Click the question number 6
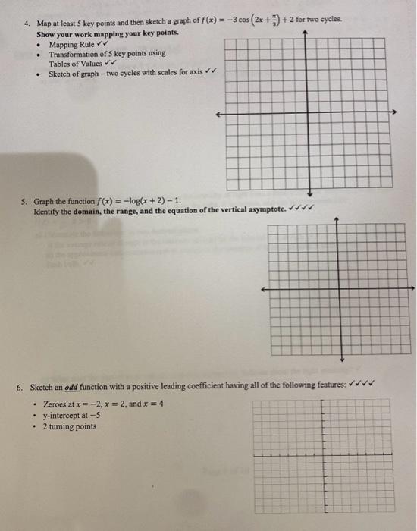click(x=20, y=387)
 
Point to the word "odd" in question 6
click(x=73, y=387)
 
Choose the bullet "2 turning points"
click(x=70, y=426)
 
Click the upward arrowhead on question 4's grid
click(x=304, y=33)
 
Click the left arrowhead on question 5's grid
click(x=263, y=289)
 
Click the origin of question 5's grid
click(x=341, y=289)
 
